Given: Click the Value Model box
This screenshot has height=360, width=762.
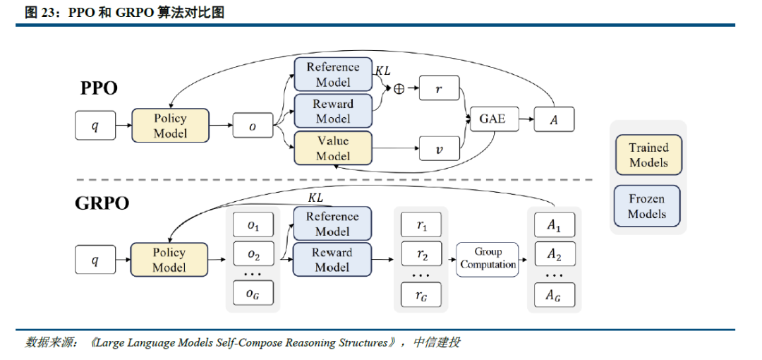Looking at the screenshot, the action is [x=333, y=148].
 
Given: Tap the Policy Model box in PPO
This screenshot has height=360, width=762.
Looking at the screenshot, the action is [x=170, y=125].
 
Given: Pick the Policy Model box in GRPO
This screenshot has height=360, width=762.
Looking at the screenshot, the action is [x=169, y=260].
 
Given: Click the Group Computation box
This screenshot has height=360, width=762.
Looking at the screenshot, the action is [x=488, y=259].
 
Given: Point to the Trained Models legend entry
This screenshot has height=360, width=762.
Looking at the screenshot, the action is [x=648, y=155].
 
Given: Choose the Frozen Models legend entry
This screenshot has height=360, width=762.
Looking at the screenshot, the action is [x=647, y=206].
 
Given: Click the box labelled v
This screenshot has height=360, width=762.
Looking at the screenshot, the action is [x=440, y=148].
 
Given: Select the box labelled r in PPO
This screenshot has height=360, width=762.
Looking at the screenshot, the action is [x=440, y=88].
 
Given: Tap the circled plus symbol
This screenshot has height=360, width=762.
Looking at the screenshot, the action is [x=399, y=88].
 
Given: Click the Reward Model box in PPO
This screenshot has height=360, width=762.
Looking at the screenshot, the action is [x=333, y=111].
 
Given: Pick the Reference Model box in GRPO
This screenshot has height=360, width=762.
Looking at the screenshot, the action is [x=332, y=223].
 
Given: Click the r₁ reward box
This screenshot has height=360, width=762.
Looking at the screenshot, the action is [x=421, y=224].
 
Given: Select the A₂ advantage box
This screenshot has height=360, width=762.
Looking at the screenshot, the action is [x=555, y=253].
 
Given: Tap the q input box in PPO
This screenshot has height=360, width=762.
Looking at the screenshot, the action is [x=95, y=126].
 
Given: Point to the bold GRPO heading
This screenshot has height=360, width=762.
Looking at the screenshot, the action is [x=102, y=203].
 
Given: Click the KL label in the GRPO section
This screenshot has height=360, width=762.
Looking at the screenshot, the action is [x=315, y=198].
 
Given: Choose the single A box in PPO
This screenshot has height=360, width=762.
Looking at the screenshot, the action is [x=554, y=119].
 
